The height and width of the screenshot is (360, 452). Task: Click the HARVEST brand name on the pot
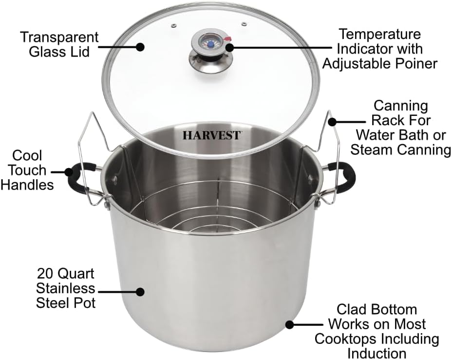tap(211, 135)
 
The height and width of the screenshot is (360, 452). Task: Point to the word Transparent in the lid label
tap(60, 37)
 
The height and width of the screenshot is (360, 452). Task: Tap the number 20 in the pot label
tap(47, 273)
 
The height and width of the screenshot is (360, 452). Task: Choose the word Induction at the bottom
tap(377, 353)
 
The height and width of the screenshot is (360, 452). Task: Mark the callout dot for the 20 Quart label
tap(140, 292)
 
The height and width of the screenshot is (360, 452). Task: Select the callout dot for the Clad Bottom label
tap(289, 324)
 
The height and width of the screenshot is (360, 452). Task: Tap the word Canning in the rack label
tap(401, 106)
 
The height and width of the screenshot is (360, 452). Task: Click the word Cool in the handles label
tap(28, 156)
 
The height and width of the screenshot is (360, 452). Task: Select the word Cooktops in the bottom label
tap(346, 338)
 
